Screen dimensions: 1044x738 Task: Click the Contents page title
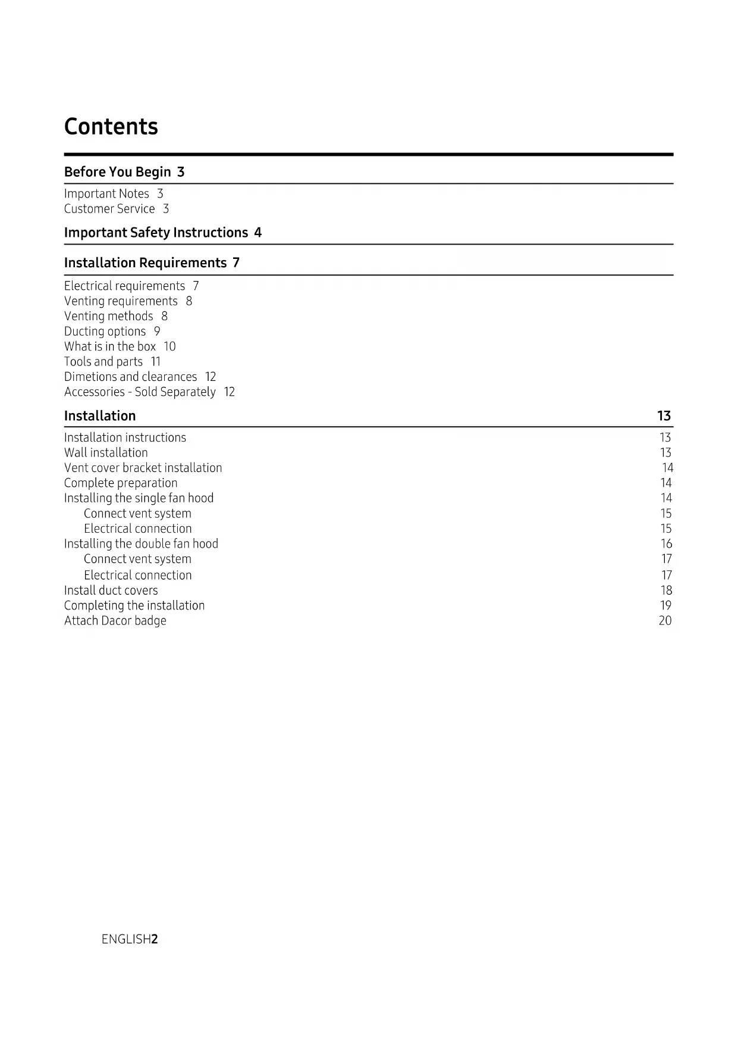tap(111, 127)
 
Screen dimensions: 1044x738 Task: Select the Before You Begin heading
tap(118, 172)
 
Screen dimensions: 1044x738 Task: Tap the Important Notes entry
tap(106, 194)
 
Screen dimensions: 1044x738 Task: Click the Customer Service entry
tap(109, 209)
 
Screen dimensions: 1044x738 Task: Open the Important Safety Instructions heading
tap(156, 233)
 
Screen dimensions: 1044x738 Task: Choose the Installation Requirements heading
tap(145, 263)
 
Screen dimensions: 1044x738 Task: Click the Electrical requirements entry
tap(124, 286)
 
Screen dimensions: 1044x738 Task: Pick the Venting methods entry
tap(108, 317)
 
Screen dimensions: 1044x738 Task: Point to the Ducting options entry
tap(105, 332)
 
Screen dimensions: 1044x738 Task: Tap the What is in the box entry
tap(110, 346)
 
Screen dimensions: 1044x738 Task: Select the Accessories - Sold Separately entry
tap(140, 392)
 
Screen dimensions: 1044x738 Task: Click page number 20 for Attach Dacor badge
tap(665, 621)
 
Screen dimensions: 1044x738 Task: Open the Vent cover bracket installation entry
tap(143, 468)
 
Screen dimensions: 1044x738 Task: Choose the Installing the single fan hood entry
tap(139, 498)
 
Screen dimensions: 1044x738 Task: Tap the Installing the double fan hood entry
tap(141, 544)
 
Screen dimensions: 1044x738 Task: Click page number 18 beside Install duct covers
tap(666, 590)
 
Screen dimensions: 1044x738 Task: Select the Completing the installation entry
tap(134, 606)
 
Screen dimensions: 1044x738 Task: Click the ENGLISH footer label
tap(126, 939)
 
